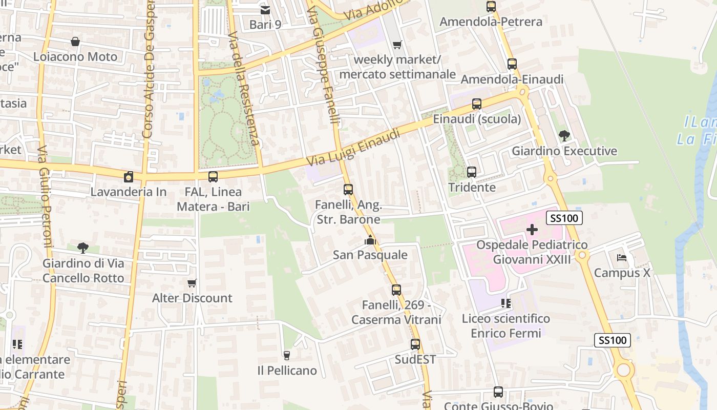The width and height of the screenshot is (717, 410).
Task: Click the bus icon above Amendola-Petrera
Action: (491, 7)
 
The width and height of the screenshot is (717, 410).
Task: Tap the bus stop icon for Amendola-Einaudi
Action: (512, 64)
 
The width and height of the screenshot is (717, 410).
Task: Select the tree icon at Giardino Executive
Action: (564, 136)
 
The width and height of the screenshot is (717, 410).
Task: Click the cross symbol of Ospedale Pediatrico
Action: (532, 230)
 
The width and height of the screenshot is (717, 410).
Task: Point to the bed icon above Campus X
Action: (622, 257)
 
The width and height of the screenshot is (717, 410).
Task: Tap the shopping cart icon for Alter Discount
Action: (192, 283)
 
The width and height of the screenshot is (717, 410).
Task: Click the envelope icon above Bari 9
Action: (265, 9)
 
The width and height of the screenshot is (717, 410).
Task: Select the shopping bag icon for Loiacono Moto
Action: (75, 41)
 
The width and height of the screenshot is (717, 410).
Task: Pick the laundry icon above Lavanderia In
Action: (128, 177)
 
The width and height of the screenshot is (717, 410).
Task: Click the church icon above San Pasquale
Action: (370, 239)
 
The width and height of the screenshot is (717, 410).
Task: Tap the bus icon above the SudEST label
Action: (415, 344)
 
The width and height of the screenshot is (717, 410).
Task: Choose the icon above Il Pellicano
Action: (287, 355)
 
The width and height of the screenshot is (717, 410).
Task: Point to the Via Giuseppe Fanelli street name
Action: (326, 61)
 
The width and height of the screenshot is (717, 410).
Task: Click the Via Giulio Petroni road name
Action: (45, 197)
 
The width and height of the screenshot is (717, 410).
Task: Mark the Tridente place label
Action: (472, 188)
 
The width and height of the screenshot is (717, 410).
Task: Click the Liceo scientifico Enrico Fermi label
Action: (505, 326)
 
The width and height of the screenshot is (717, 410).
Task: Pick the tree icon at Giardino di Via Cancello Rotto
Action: (83, 248)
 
